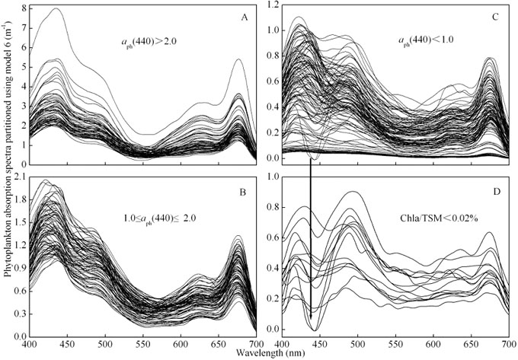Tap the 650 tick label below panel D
pyautogui.click(x=472, y=344)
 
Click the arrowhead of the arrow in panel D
pyautogui.click(x=311, y=315)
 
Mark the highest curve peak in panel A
pyautogui.click(x=56, y=9)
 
